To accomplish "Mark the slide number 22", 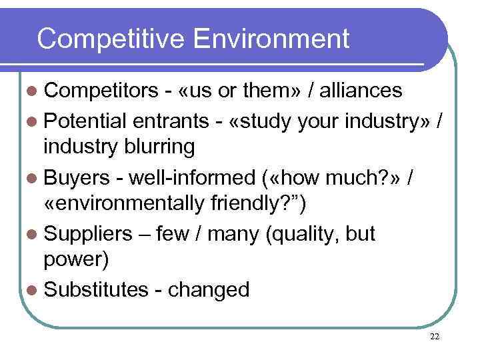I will (435, 337).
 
